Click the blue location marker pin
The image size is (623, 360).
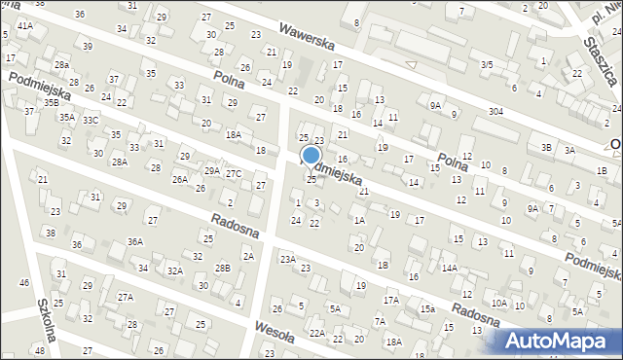[x=311, y=156]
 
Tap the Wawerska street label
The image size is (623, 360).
[x=307, y=42]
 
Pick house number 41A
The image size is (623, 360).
[x=24, y=25]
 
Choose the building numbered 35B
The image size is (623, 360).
[x=51, y=102]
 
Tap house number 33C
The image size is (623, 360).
[x=90, y=120]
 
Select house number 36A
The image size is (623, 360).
[x=134, y=241]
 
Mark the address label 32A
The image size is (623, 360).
[x=174, y=270]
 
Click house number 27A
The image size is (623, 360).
[x=125, y=297]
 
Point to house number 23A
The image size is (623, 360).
[x=287, y=259]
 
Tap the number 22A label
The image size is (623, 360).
[x=316, y=333]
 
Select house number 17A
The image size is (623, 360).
[x=390, y=301]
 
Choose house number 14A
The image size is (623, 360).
[x=449, y=268]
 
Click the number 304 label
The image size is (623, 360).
[x=495, y=112]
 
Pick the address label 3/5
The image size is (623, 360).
[x=487, y=64]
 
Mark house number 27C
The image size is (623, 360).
[x=234, y=173]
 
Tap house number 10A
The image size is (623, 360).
[x=498, y=303]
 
